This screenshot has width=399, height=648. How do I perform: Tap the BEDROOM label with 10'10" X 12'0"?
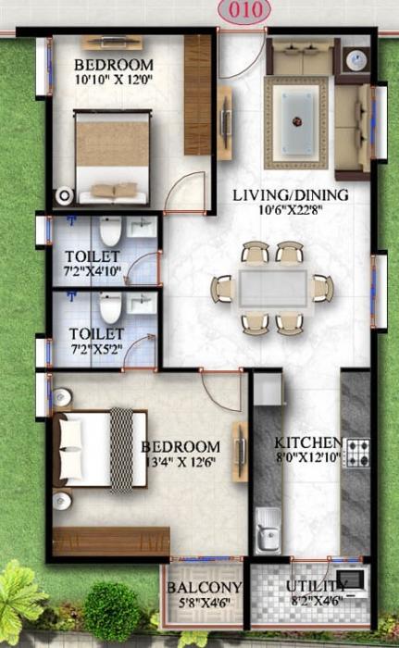(x=113, y=64)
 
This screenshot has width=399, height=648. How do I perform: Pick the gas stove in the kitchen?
(x=355, y=454)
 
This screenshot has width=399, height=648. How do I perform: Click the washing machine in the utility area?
(x=351, y=580)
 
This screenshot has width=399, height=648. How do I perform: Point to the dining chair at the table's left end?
(x=223, y=288)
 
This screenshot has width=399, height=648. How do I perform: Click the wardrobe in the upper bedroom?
(x=197, y=94)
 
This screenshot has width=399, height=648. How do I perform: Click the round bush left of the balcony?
(x=112, y=610)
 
